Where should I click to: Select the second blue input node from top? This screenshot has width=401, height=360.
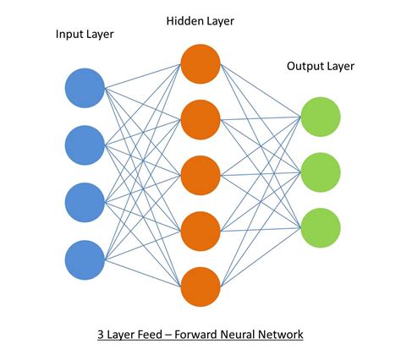[x=85, y=145]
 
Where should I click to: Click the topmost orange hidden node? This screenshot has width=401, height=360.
[x=200, y=63]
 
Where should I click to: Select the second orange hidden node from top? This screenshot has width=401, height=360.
[x=200, y=118]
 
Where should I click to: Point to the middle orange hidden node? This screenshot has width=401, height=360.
[x=200, y=174]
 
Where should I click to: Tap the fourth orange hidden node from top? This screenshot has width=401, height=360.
[x=200, y=230]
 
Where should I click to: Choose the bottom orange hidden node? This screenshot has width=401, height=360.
[x=200, y=286]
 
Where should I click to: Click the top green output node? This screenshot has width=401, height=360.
[x=321, y=117]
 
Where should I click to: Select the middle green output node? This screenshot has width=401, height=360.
[x=321, y=172]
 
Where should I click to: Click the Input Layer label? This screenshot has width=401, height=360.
[x=85, y=35]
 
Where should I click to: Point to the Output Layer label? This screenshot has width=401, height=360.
[x=321, y=66]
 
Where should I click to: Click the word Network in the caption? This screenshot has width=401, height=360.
[x=279, y=335]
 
